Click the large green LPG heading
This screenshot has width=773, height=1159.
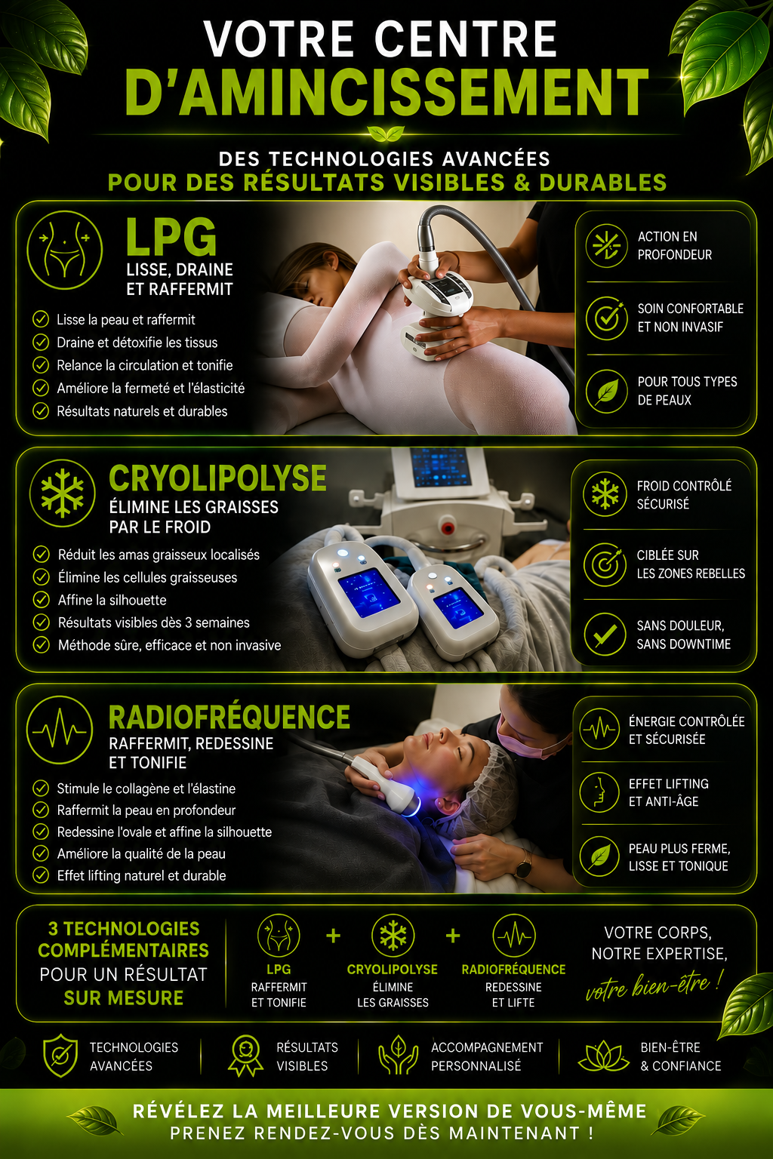pyautogui.click(x=171, y=236)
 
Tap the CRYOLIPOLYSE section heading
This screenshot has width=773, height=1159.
pyautogui.click(x=217, y=478)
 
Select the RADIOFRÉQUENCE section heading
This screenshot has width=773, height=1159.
pyautogui.click(x=229, y=717)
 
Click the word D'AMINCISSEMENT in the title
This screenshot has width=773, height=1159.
pyautogui.click(x=386, y=92)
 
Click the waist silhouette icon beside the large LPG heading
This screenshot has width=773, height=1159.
pyautogui.click(x=65, y=250)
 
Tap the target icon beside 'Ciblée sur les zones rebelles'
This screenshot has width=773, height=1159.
pyautogui.click(x=605, y=564)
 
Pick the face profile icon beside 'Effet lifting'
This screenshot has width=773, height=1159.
pyautogui.click(x=599, y=792)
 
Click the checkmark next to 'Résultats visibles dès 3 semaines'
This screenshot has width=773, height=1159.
pyautogui.click(x=41, y=623)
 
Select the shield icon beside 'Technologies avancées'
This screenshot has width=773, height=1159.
pyautogui.click(x=60, y=1056)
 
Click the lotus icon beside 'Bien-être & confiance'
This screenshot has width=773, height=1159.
pyautogui.click(x=604, y=1056)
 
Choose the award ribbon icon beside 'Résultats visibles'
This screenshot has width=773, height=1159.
pyautogui.click(x=245, y=1056)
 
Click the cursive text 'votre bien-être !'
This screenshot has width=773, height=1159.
pyautogui.click(x=654, y=985)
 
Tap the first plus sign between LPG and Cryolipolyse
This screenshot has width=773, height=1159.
pyautogui.click(x=334, y=936)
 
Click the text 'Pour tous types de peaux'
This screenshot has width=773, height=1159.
pyautogui.click(x=687, y=391)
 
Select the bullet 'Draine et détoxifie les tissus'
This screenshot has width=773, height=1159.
pyautogui.click(x=137, y=343)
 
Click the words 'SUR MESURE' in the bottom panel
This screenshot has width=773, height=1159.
pyautogui.click(x=123, y=998)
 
